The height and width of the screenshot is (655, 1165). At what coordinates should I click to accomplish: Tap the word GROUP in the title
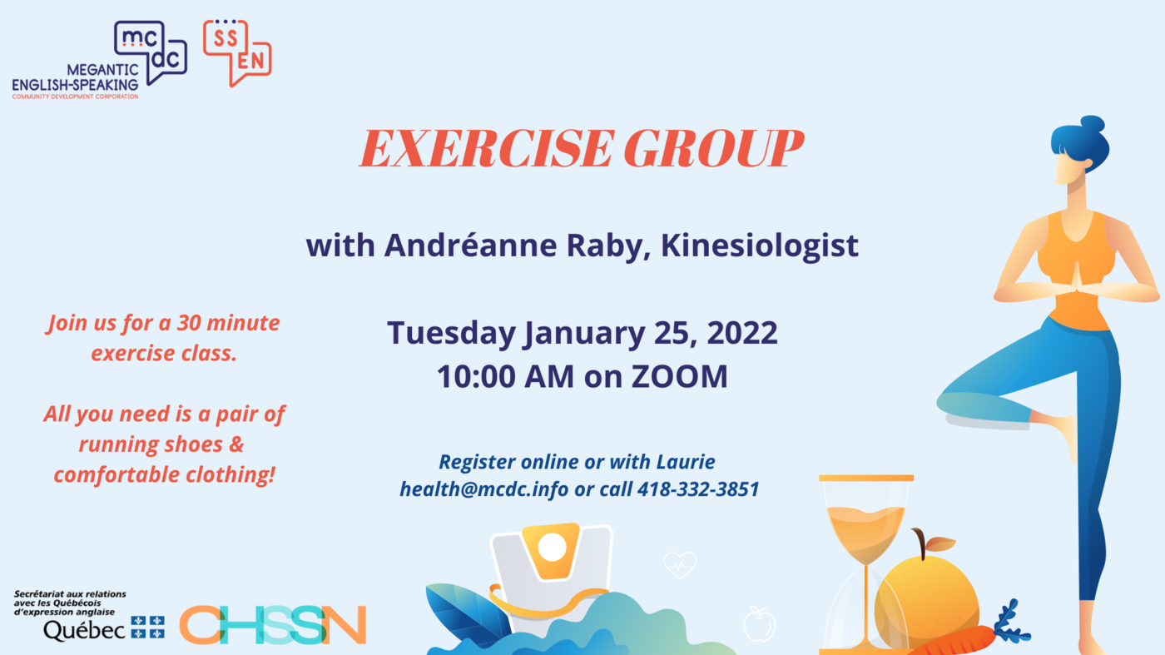pos(714,148)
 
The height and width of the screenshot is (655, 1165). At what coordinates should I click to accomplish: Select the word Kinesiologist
pos(759,245)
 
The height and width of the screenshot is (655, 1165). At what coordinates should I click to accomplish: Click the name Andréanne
pos(470,245)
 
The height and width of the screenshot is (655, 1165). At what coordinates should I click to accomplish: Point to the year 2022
pos(742,332)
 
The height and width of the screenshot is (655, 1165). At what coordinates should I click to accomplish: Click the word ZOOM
pos(679,376)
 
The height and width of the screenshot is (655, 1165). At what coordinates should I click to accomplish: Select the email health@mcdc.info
pos(483,489)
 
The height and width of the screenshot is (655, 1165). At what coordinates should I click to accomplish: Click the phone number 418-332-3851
pos(698,489)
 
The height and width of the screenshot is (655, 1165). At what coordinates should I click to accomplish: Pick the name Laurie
pos(686,461)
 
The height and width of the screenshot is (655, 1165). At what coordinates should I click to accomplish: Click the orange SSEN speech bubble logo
pos(237,53)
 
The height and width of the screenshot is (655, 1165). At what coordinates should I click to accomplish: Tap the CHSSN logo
pos(273,624)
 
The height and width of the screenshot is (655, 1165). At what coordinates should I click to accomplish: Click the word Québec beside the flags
pos(84,631)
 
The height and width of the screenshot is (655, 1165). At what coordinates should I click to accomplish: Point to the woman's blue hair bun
pos(1092,126)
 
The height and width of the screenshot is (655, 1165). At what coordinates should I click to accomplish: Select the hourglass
pos(866,564)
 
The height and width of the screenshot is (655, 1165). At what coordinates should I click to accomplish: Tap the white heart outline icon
pos(680,564)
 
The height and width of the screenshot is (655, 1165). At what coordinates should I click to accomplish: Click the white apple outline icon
pos(759,623)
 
